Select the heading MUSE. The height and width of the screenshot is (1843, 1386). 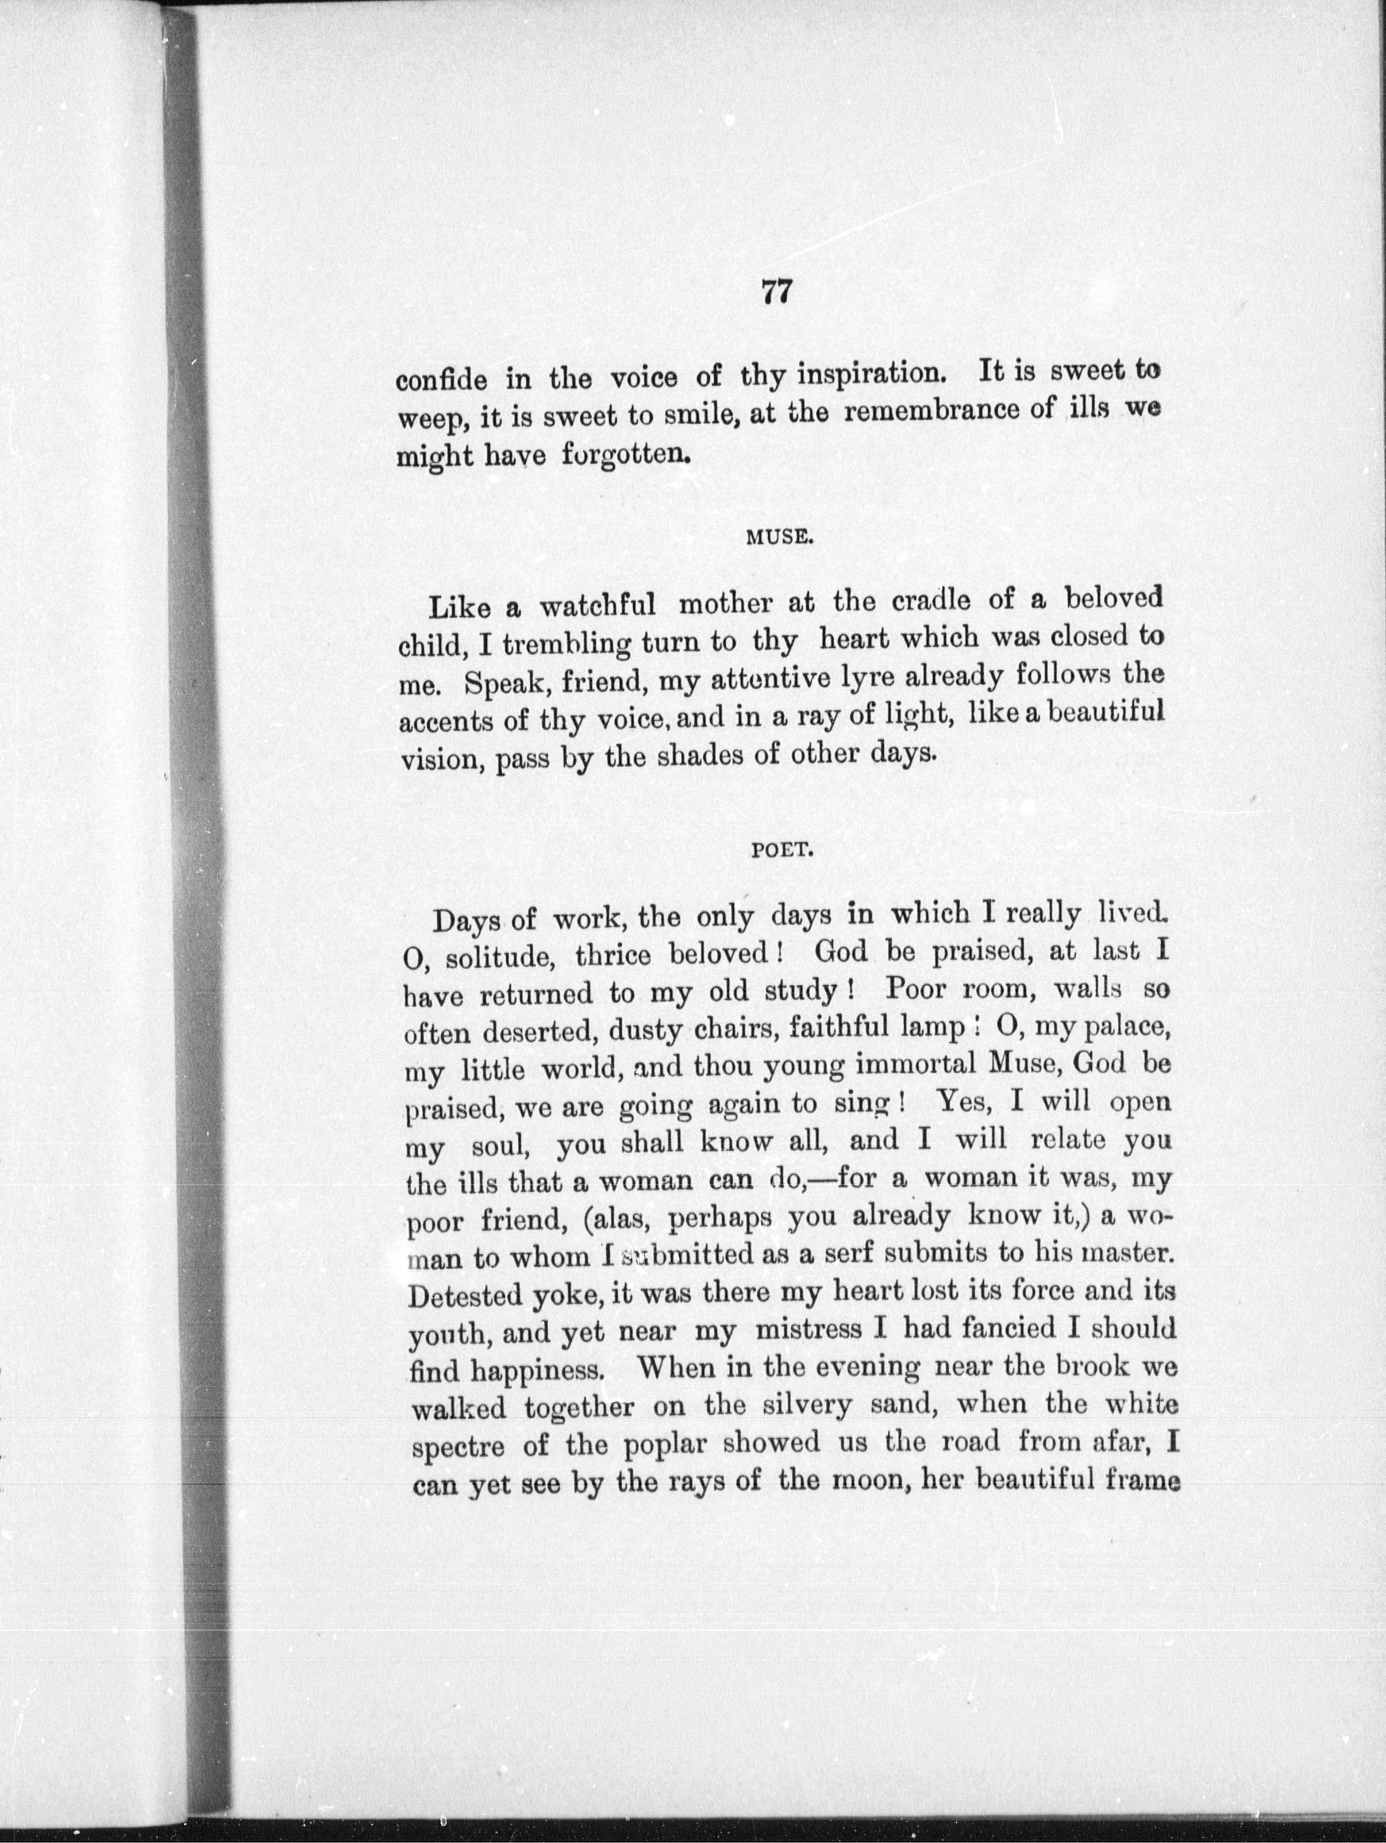coord(778,537)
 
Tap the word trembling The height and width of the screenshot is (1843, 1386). coord(569,645)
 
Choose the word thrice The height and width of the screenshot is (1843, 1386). coord(613,955)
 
